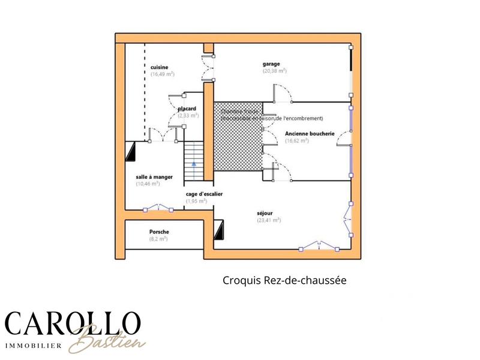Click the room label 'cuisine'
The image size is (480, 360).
pyautogui.click(x=159, y=67)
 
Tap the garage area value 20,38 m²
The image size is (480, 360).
pyautogui.click(x=274, y=71)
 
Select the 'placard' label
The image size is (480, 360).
pyautogui.click(x=187, y=109)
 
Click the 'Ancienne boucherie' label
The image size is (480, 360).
pyautogui.click(x=309, y=133)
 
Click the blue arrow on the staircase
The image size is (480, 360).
pyautogui.click(x=193, y=163)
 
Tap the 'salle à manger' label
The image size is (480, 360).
pyautogui.click(x=154, y=177)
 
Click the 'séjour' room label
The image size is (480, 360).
pyautogui.click(x=265, y=212)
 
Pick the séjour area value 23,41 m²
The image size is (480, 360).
pyautogui.click(x=269, y=220)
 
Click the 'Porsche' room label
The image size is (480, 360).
pyautogui.click(x=159, y=232)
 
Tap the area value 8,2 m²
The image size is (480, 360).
pyautogui.click(x=158, y=239)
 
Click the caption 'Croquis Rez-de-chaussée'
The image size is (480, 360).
pyautogui.click(x=285, y=280)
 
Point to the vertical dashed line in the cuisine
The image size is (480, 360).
pyautogui.click(x=145, y=90)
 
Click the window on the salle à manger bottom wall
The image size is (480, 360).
pyautogui.click(x=158, y=209)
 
